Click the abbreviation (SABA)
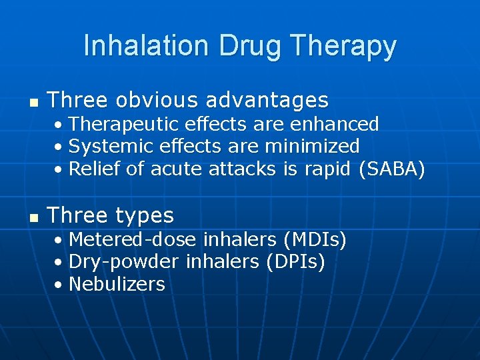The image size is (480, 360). [391, 169]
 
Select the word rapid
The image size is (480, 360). [327, 169]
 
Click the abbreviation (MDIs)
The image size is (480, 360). [315, 239]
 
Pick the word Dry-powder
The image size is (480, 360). [124, 261]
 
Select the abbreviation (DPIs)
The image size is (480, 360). [295, 261]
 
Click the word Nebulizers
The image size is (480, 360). [117, 284]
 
